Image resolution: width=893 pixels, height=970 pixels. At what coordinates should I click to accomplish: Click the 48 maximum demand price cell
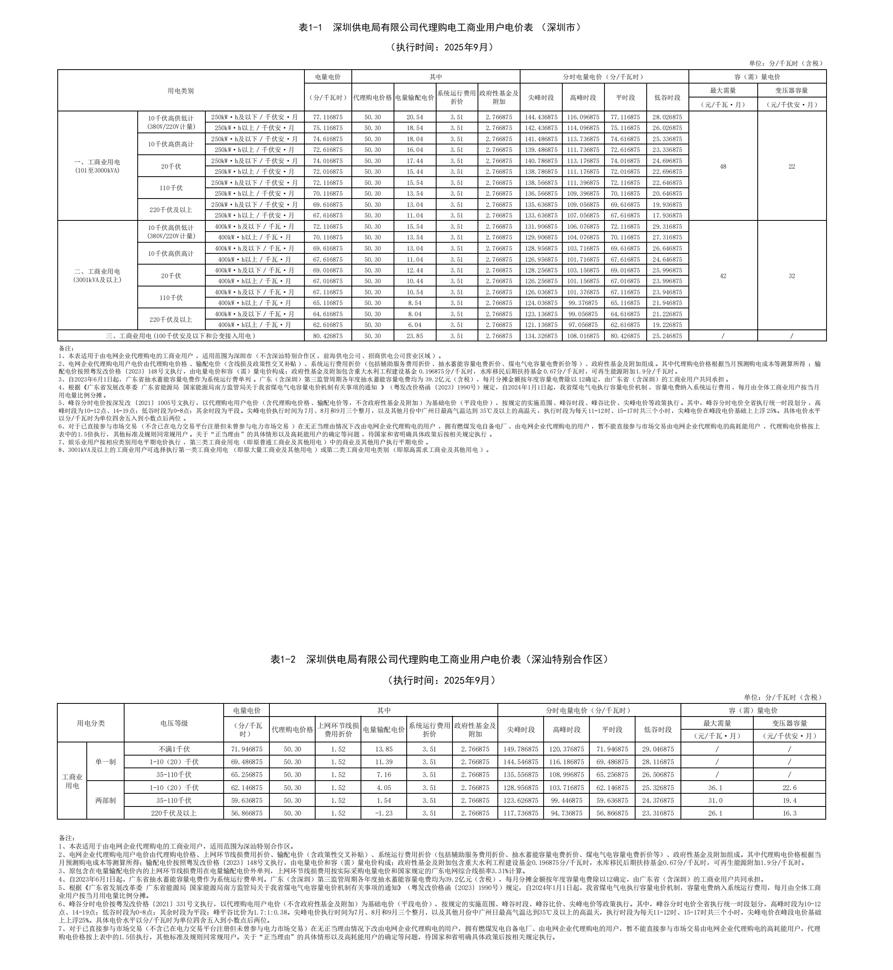click(x=723, y=167)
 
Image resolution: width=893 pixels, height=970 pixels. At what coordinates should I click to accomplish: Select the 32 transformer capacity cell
click(x=792, y=276)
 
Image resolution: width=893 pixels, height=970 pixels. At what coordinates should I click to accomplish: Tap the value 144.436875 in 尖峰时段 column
click(x=541, y=117)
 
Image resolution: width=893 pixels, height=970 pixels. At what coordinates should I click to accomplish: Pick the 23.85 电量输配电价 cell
click(x=415, y=336)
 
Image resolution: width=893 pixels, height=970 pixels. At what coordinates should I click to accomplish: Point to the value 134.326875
click(x=541, y=336)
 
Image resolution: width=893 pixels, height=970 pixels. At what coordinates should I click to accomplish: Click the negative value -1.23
click(x=384, y=813)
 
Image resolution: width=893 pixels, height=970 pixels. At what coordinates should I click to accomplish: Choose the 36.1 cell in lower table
click(x=717, y=787)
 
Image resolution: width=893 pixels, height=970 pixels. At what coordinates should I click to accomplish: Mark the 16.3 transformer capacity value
click(x=789, y=813)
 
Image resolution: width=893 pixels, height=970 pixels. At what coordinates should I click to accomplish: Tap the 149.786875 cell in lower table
click(x=521, y=749)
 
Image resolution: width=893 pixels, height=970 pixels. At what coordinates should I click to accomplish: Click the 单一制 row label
click(x=105, y=762)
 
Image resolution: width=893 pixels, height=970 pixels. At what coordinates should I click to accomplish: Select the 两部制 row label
click(x=105, y=800)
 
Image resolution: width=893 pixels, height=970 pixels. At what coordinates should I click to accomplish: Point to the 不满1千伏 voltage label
click(x=174, y=749)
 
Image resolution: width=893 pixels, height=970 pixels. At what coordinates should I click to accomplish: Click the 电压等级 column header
click(x=174, y=723)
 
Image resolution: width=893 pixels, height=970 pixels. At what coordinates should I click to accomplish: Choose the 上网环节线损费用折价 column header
click(x=338, y=729)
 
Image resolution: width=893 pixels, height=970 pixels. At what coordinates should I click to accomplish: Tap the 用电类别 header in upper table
click(x=181, y=91)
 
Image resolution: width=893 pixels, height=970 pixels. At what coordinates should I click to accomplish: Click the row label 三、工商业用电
click(x=181, y=336)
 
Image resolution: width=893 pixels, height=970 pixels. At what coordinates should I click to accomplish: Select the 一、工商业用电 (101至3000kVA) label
click(x=97, y=166)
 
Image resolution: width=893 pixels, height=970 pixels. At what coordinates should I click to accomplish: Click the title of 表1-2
click(x=439, y=659)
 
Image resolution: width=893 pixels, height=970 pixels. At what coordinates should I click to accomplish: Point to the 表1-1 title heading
click(x=439, y=27)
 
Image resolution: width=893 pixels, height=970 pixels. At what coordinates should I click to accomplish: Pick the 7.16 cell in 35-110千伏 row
click(x=384, y=775)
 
